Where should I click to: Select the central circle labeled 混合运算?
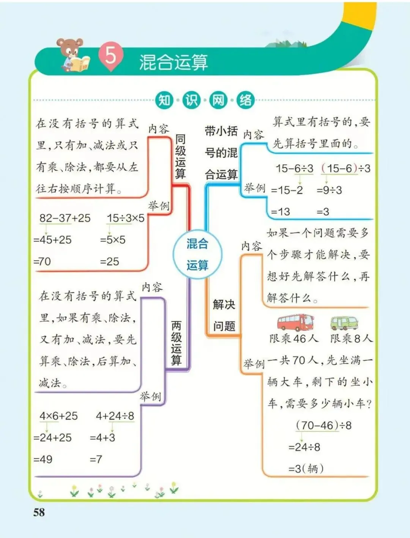[197, 254]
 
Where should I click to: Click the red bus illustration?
[295, 322]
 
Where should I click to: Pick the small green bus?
[344, 323]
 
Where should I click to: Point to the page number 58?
[39, 513]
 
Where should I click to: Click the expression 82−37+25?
[65, 218]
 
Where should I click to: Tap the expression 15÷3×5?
[126, 218]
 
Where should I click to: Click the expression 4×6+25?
[58, 416]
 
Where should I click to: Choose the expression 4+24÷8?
[115, 416]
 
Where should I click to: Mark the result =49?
[43, 459]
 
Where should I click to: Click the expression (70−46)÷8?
[324, 425]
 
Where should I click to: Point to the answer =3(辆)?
[306, 469]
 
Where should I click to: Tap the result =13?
[281, 212]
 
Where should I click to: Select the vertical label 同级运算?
[180, 157]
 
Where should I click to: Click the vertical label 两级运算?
[177, 343]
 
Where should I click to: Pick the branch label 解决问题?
[224, 315]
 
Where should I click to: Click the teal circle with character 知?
[164, 100]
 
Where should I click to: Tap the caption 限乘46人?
[294, 338]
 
